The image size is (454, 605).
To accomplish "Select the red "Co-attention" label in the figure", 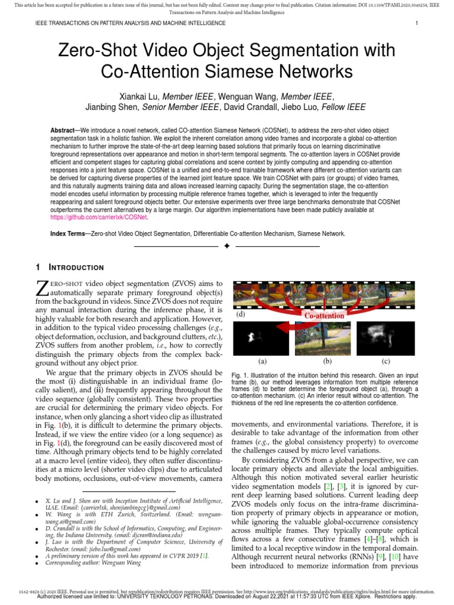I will pyautogui.click(x=324, y=315).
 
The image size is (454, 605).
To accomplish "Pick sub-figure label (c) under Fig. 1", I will pyautogui.click(x=385, y=360).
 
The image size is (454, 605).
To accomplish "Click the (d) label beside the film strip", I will pyautogui.click(x=241, y=315).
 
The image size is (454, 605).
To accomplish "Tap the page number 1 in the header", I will pyautogui.click(x=417, y=24).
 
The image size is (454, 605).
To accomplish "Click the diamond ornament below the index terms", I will pyautogui.click(x=226, y=246).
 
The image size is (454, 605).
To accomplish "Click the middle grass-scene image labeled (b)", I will pyautogui.click(x=323, y=338).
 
